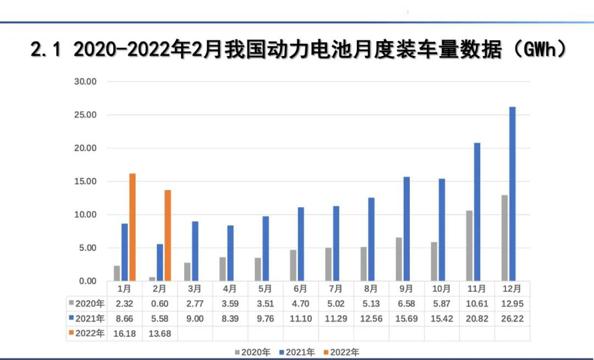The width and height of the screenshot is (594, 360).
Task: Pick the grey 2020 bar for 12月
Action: pyautogui.click(x=504, y=238)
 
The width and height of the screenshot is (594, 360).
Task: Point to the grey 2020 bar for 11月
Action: pyautogui.click(x=469, y=246)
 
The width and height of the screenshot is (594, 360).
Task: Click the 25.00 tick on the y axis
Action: pyautogui.click(x=85, y=115)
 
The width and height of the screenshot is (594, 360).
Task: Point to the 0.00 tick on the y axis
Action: pyautogui.click(x=87, y=281)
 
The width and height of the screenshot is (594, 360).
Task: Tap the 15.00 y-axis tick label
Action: pyautogui.click(x=85, y=181)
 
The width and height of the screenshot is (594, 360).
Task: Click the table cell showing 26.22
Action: pyautogui.click(x=512, y=318)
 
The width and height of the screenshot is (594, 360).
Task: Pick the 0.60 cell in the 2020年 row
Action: pyautogui.click(x=159, y=303)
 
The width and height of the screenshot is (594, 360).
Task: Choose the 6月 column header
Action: pyautogui.click(x=300, y=289)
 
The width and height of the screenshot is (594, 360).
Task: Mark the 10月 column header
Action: pyautogui.click(x=442, y=289)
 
